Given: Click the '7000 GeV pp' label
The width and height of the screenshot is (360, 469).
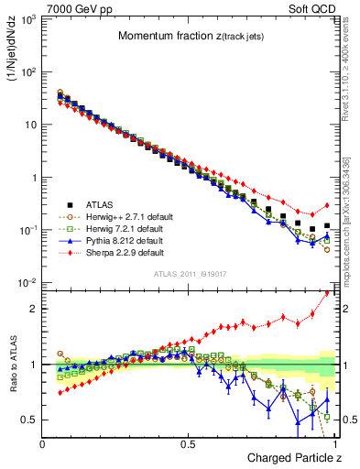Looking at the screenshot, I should (x=71, y=7).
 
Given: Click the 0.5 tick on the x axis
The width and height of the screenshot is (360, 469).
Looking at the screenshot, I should (x=189, y=443).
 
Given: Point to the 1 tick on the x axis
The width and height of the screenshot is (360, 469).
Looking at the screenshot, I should (x=334, y=443).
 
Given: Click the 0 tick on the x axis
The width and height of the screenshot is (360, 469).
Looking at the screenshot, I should (x=43, y=443).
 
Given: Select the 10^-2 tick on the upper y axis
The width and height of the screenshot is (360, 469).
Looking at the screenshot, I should (x=29, y=283).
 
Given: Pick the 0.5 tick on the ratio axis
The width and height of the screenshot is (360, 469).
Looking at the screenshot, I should (x=29, y=420).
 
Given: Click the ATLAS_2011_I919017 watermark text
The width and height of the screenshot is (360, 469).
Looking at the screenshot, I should (x=189, y=274).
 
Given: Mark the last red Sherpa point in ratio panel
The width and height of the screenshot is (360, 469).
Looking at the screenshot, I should (x=327, y=293).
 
